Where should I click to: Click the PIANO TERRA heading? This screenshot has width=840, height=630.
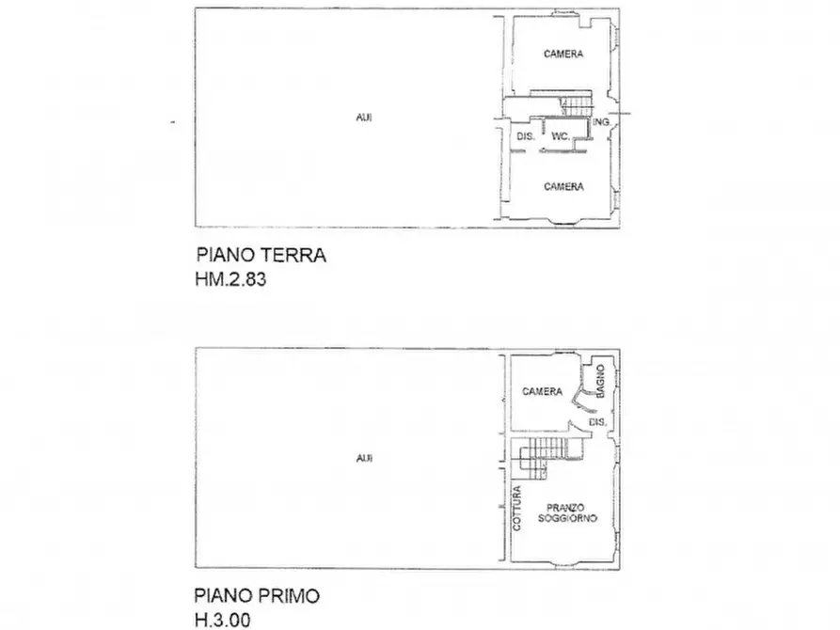pyautogui.click(x=261, y=255)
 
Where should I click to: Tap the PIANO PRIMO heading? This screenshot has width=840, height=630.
pyautogui.click(x=257, y=595)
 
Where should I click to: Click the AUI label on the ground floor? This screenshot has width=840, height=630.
pyautogui.click(x=363, y=118)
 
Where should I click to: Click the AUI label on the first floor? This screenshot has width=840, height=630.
pyautogui.click(x=363, y=459)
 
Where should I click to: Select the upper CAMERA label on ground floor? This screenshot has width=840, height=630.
pyautogui.click(x=563, y=55)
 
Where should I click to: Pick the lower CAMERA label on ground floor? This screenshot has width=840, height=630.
pyautogui.click(x=563, y=187)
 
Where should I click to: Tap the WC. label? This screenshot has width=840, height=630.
pyautogui.click(x=561, y=137)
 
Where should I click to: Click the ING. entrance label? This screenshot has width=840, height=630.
pyautogui.click(x=603, y=123)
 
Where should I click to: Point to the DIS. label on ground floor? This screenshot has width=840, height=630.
pyautogui.click(x=526, y=137)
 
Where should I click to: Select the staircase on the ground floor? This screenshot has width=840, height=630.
pyautogui.click(x=573, y=103)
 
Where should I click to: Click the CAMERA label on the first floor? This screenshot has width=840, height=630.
pyautogui.click(x=543, y=392)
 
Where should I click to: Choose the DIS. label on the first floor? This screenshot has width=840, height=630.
pyautogui.click(x=596, y=423)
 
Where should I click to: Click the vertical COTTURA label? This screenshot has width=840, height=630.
pyautogui.click(x=517, y=507)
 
